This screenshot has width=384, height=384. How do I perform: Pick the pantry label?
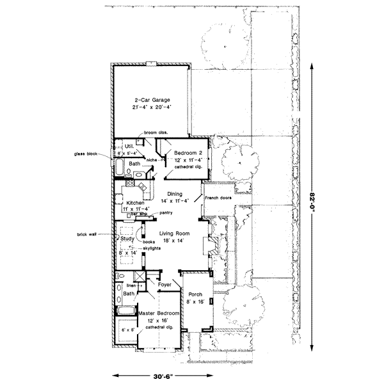[x=167, y=212]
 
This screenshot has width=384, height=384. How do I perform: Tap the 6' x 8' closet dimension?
[x=127, y=330]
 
